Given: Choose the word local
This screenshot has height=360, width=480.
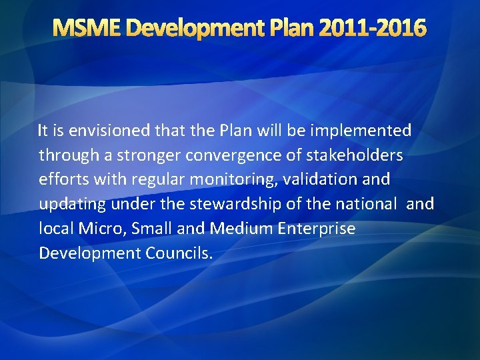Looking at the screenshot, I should [x=56, y=229].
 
